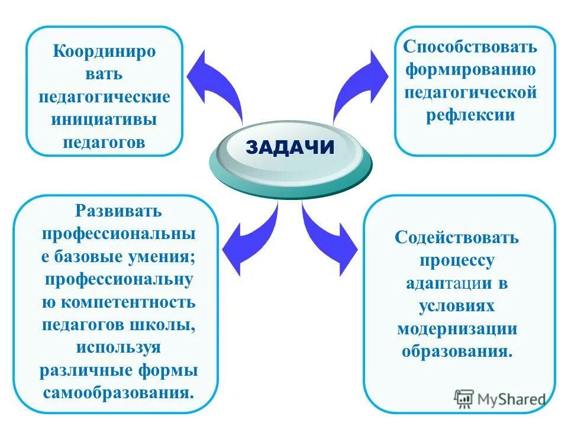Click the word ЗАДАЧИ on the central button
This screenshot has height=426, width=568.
coord(290,147)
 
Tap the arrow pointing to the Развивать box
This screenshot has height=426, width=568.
coord(248,237)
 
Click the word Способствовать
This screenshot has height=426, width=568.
coord(470,47)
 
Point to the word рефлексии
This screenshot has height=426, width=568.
coord(470,114)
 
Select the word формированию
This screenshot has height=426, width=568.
coord(470,69)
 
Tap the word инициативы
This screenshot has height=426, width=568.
coord(104,120)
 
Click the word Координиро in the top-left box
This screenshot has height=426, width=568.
coord(104,51)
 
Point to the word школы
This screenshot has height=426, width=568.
coord(167,325)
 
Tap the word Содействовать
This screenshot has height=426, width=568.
coord(457,238)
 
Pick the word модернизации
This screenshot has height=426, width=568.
coord(457,328)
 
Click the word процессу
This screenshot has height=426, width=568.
coord(457,260)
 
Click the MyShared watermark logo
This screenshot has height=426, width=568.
coord(500,398)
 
